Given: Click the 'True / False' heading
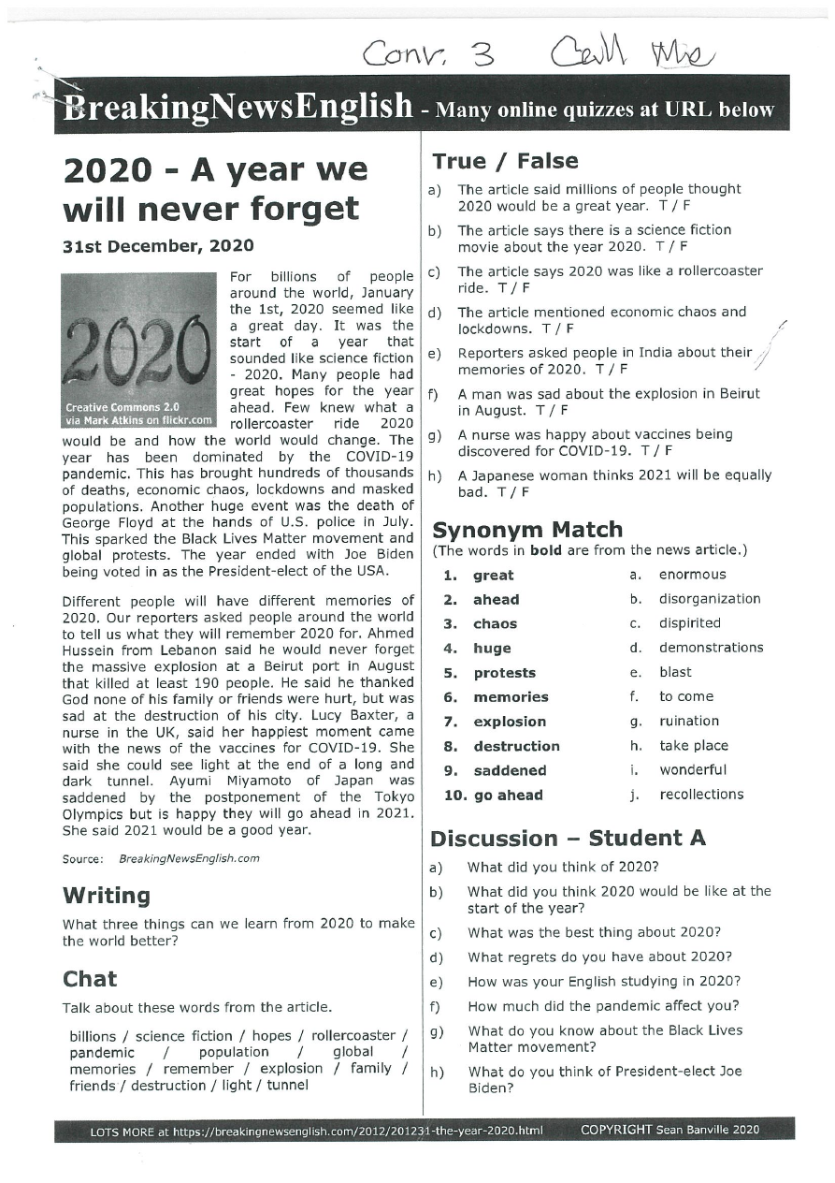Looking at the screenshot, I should [x=505, y=161].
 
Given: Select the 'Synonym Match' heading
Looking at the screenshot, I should [x=526, y=530].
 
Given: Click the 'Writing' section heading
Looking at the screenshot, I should [x=106, y=896].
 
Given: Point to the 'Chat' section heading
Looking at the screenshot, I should [x=90, y=979].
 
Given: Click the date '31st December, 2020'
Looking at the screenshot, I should [x=158, y=246].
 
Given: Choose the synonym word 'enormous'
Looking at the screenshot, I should [x=692, y=575].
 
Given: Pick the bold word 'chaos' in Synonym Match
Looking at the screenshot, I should [x=495, y=624].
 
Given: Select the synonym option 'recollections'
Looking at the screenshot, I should [x=701, y=795].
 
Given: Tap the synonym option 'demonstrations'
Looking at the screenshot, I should [x=711, y=648].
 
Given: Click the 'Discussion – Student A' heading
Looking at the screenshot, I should [x=568, y=838].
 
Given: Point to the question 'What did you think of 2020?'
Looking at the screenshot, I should [x=563, y=867].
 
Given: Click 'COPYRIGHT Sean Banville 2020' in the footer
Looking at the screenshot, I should [x=669, y=1130].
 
